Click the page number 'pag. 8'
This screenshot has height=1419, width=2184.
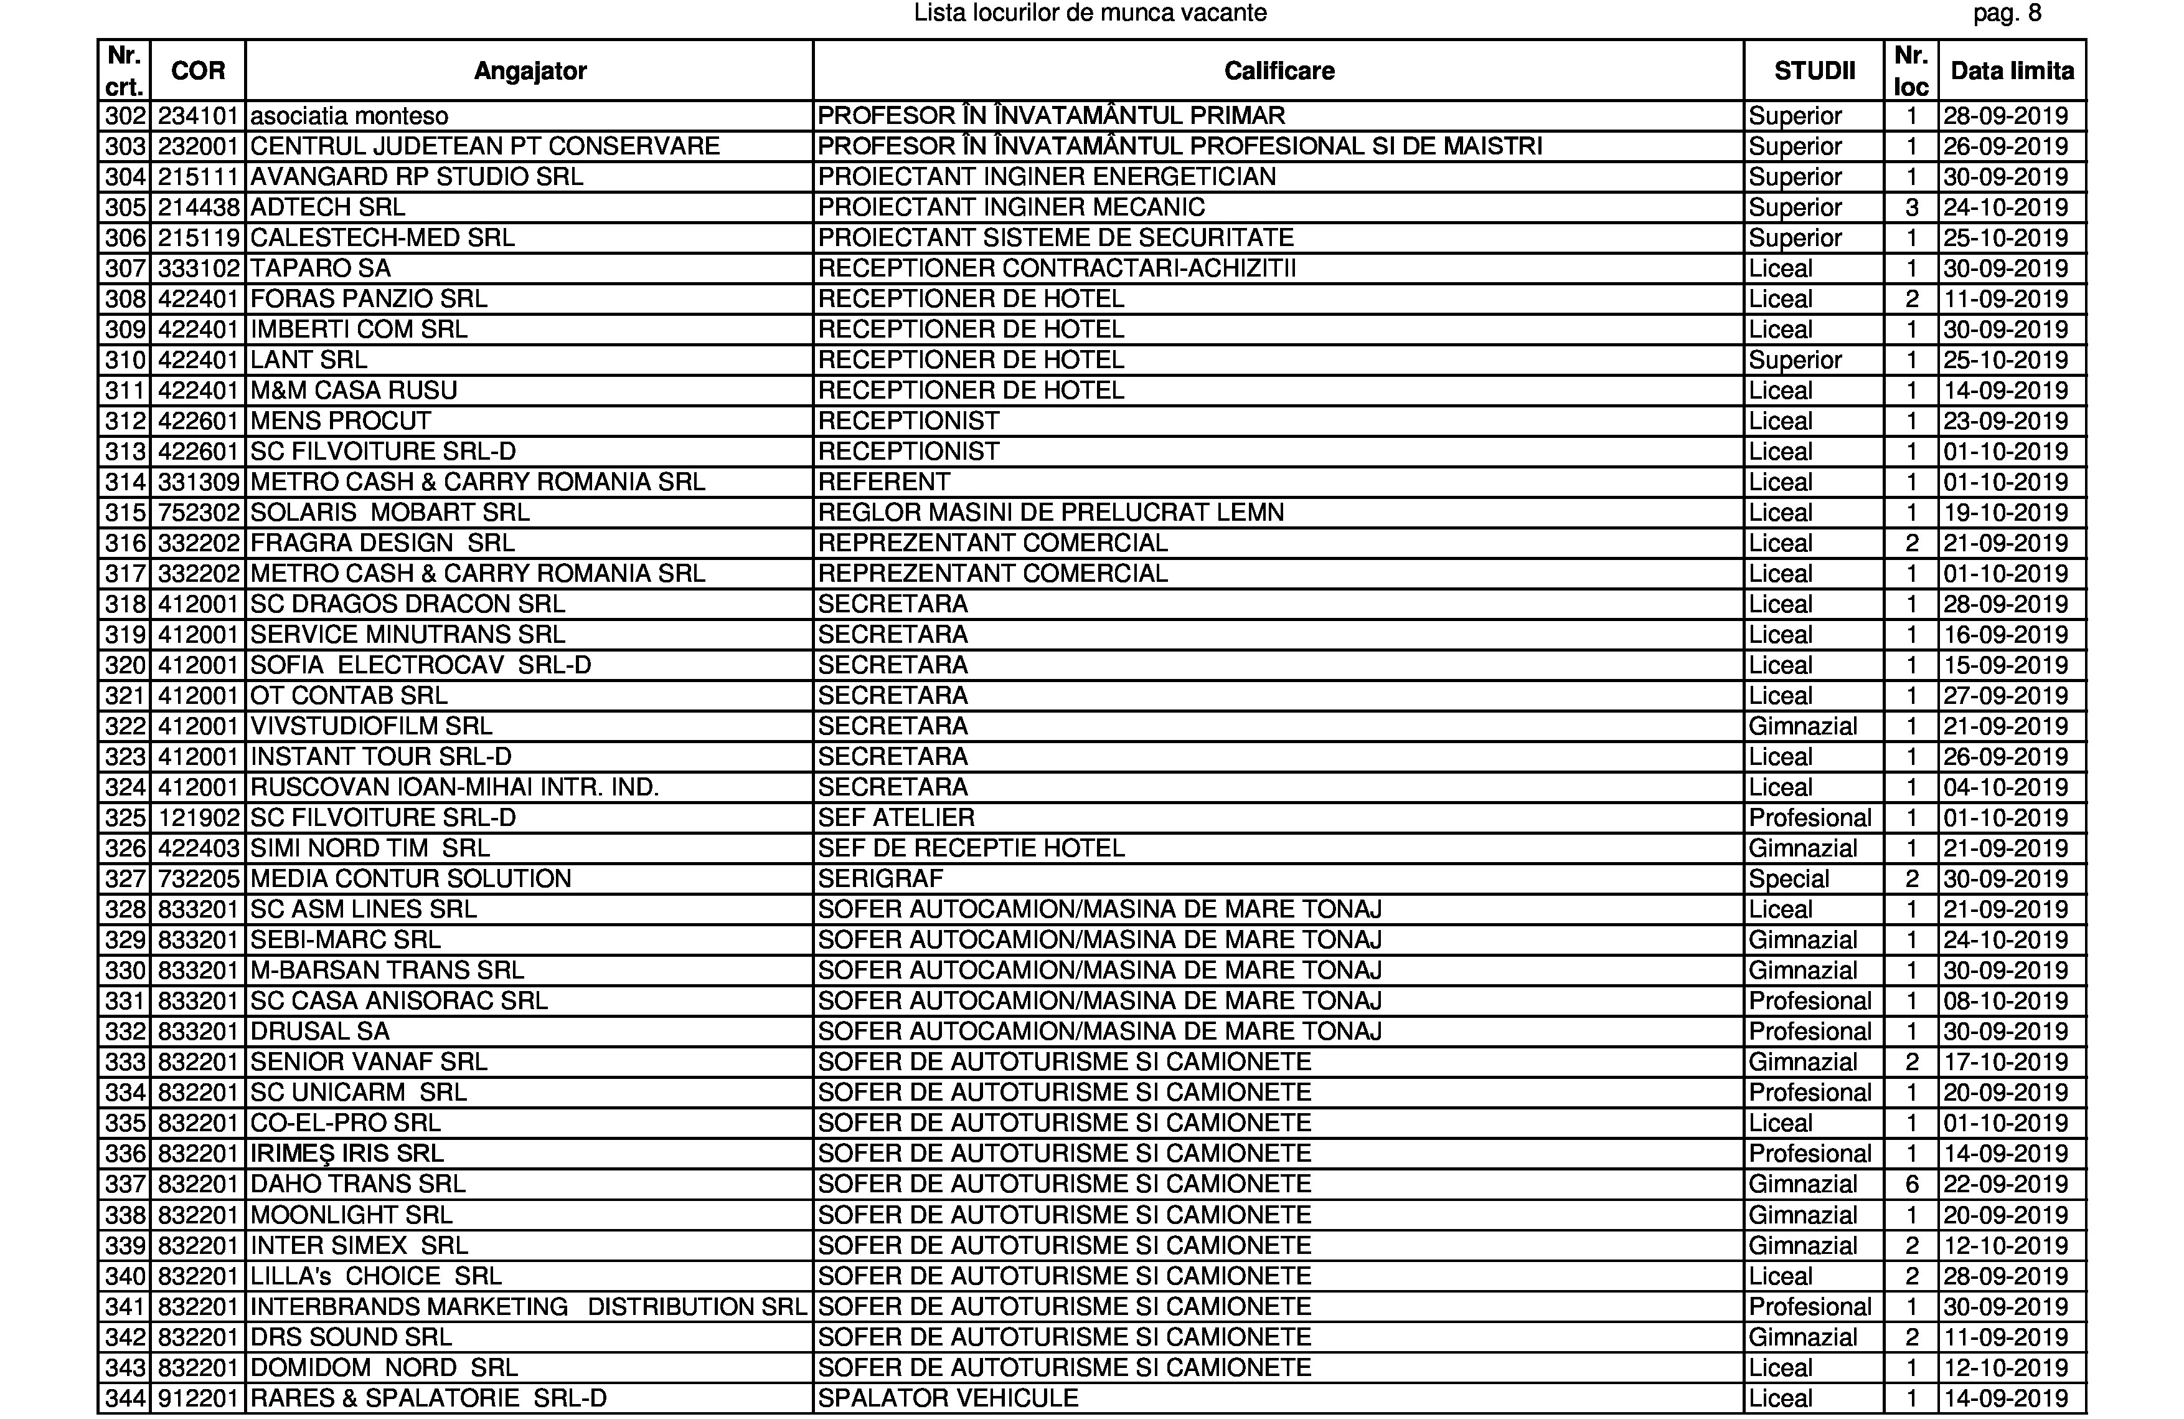pos(2007,13)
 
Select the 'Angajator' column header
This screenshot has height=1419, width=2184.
pos(529,70)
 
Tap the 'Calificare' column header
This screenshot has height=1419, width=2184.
pos(1278,70)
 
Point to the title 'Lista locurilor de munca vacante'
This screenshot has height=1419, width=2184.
pos(1090,13)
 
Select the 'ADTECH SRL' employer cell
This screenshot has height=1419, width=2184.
pos(327,207)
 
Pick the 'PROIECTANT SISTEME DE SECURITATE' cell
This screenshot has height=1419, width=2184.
pos(1055,238)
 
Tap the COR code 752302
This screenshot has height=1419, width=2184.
pos(198,512)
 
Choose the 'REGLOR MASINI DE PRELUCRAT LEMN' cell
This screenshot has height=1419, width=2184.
pos(1051,512)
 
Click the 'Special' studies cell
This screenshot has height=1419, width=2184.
pos(1789,878)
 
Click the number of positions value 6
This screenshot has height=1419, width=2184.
pos(1911,1184)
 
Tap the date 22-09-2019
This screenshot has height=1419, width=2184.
pos(2005,1184)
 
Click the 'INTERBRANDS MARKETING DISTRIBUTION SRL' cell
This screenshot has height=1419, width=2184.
pos(528,1306)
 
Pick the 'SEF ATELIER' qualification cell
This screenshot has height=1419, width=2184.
pos(896,818)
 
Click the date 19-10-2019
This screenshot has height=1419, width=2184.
pos(2005,512)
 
